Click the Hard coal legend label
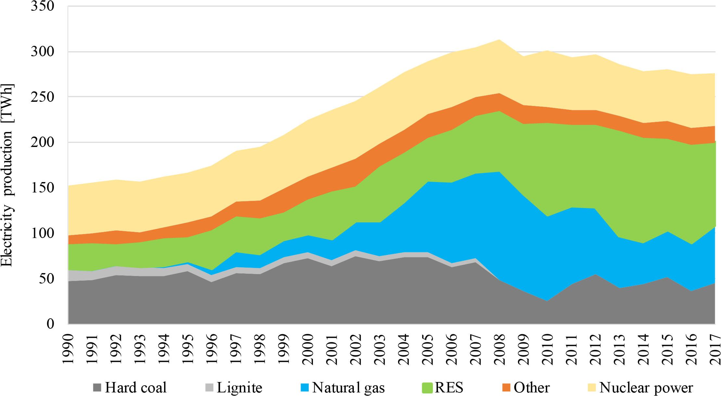pyautogui.click(x=135, y=388)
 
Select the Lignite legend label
pyautogui.click(x=239, y=388)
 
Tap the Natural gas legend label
pyautogui.click(x=348, y=388)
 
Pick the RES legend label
pyautogui.click(x=449, y=388)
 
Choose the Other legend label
pyautogui.click(x=532, y=388)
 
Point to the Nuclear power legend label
pyautogui.click(x=646, y=388)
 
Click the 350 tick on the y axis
pyautogui.click(x=42, y=6)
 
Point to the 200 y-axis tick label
pyautogui.click(x=42, y=142)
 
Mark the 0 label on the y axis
pyautogui.click(x=50, y=323)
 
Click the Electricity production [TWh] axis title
pyautogui.click(x=7, y=176)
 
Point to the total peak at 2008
pyautogui.click(x=499, y=40)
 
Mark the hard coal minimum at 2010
pyautogui.click(x=547, y=301)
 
